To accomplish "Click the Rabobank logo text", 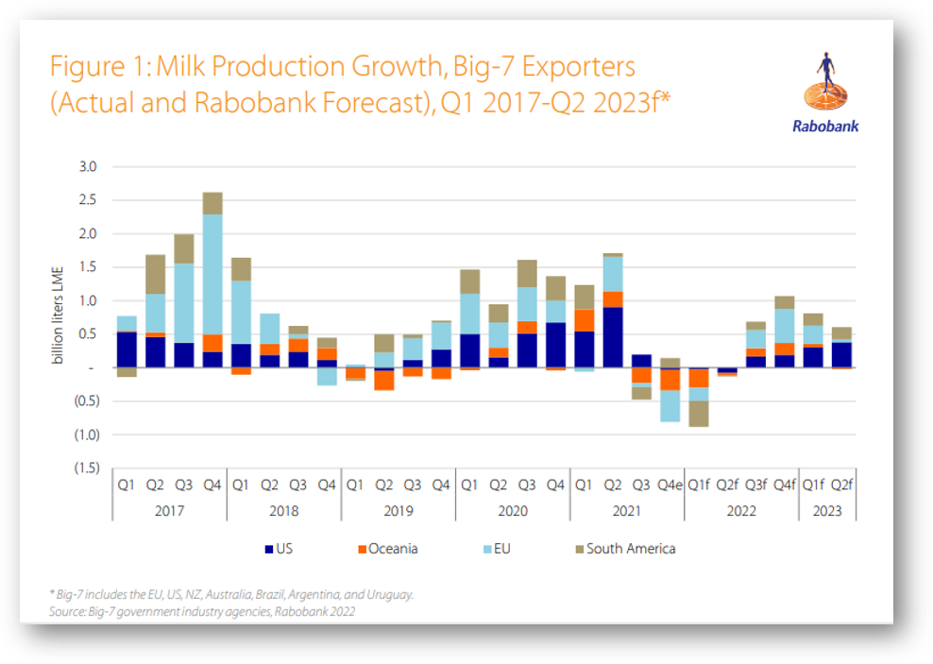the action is [825, 127].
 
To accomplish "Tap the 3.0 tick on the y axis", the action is [88, 166].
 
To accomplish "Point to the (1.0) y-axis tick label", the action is [87, 434].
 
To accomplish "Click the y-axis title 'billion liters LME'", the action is [57, 315].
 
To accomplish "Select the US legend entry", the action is [279, 549].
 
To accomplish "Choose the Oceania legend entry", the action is [388, 549].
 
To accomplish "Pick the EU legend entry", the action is [497, 549].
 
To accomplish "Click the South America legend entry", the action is [625, 549].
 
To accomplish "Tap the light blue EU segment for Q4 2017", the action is [212, 274].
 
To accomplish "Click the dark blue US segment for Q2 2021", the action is [613, 337].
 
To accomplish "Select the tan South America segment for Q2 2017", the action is [155, 274].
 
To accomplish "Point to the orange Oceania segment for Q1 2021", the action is [585, 320].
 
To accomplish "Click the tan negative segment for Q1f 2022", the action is [699, 414].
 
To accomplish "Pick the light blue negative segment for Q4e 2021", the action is [670, 406].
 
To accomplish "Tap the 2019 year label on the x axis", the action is [399, 511].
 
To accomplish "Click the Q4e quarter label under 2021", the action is [670, 485].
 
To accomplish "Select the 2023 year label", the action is [827, 511].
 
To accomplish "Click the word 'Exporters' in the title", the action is [578, 66].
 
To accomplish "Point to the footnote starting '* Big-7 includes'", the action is [231, 594].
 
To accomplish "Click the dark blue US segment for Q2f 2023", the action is [841, 355].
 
